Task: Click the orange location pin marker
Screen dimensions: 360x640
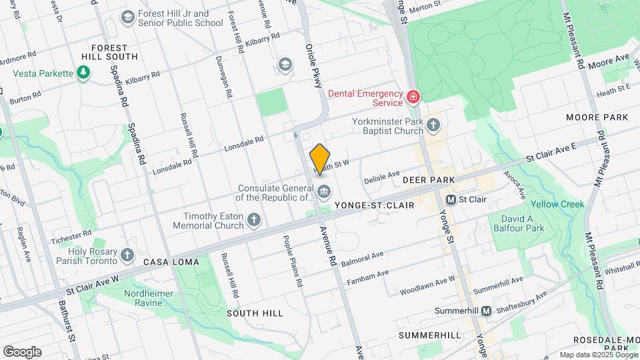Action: point(320,159)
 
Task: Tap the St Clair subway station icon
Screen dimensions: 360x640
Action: point(451,199)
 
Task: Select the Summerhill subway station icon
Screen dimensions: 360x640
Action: point(487,311)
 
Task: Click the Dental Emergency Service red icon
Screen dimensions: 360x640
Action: point(414,98)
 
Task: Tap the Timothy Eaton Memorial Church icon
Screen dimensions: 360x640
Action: point(254,219)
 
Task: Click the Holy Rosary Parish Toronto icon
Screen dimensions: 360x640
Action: point(127,255)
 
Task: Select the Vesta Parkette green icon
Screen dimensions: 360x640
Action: point(83,73)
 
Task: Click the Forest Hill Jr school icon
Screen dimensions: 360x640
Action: point(127,17)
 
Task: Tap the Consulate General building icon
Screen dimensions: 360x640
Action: point(324,192)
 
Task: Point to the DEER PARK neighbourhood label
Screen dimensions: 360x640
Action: point(428,180)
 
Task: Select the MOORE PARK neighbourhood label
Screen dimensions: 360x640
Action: point(597,117)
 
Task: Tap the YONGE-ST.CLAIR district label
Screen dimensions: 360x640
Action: point(374,206)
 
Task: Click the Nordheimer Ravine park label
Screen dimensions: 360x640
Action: point(147,297)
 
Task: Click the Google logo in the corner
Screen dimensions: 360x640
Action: point(22,351)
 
